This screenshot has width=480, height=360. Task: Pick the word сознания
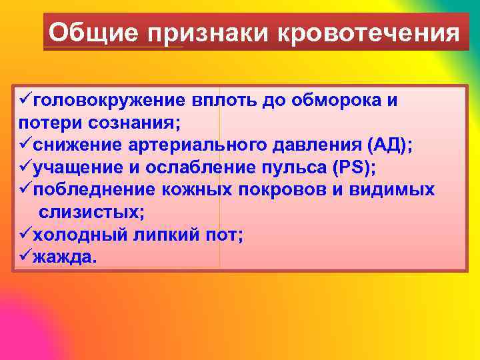point(133,123)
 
